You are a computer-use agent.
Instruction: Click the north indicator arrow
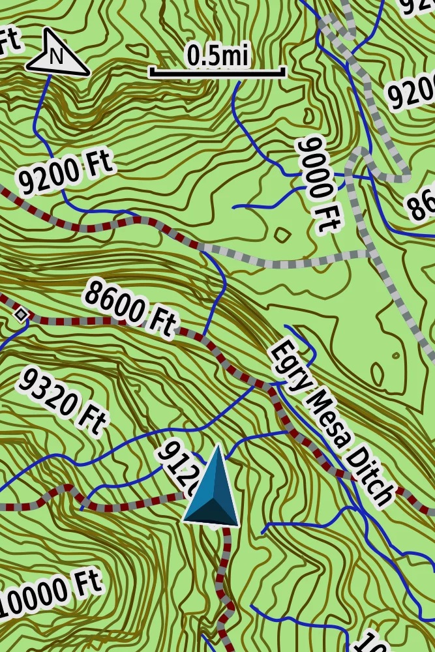pyautogui.click(x=57, y=53)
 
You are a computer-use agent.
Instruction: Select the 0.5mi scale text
pyautogui.click(x=218, y=55)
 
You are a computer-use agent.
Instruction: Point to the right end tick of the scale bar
pyautogui.click(x=284, y=71)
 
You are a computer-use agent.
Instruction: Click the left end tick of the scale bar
pyautogui.click(x=151, y=71)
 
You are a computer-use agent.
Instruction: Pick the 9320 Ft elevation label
pyautogui.click(x=61, y=399)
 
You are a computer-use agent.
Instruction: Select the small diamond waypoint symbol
pyautogui.click(x=22, y=315)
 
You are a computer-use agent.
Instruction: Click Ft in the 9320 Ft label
pyautogui.click(x=87, y=421)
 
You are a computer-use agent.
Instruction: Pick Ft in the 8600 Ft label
pyautogui.click(x=160, y=323)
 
